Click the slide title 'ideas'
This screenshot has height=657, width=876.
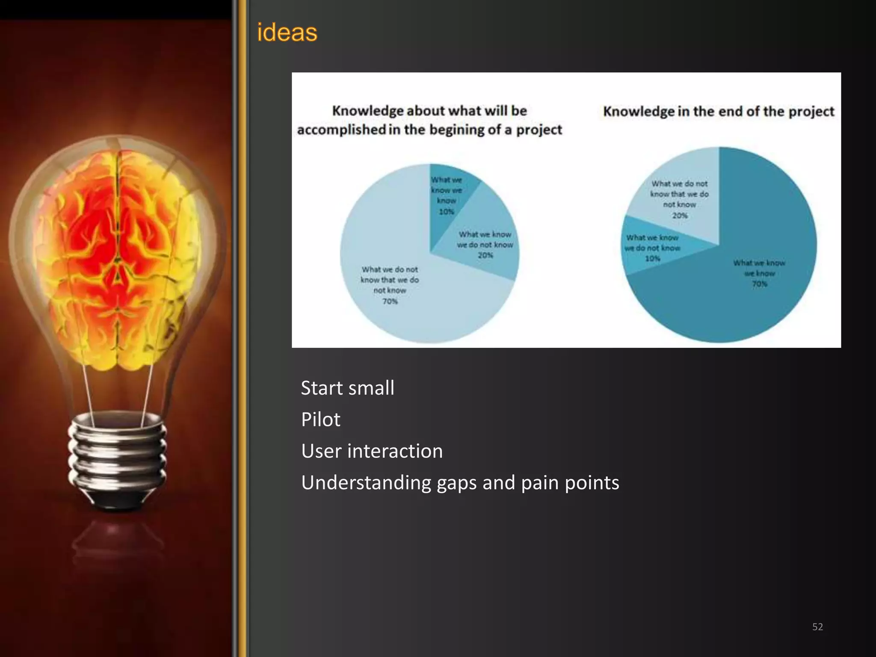pyautogui.click(x=287, y=32)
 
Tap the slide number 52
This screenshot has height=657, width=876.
pyautogui.click(x=817, y=627)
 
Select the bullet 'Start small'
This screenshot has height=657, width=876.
pyautogui.click(x=347, y=388)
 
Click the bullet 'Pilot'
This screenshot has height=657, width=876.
pyautogui.click(x=320, y=420)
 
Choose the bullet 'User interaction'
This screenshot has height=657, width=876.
pyautogui.click(x=372, y=451)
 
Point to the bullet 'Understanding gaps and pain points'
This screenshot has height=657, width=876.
pyautogui.click(x=460, y=483)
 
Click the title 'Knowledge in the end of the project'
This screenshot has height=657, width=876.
pyautogui.click(x=719, y=112)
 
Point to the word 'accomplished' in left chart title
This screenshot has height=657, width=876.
pyautogui.click(x=341, y=130)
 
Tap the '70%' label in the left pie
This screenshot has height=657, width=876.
pyautogui.click(x=390, y=301)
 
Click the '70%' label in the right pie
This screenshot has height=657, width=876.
pyautogui.click(x=760, y=284)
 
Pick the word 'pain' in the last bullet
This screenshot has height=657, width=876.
pyautogui.click(x=541, y=483)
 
